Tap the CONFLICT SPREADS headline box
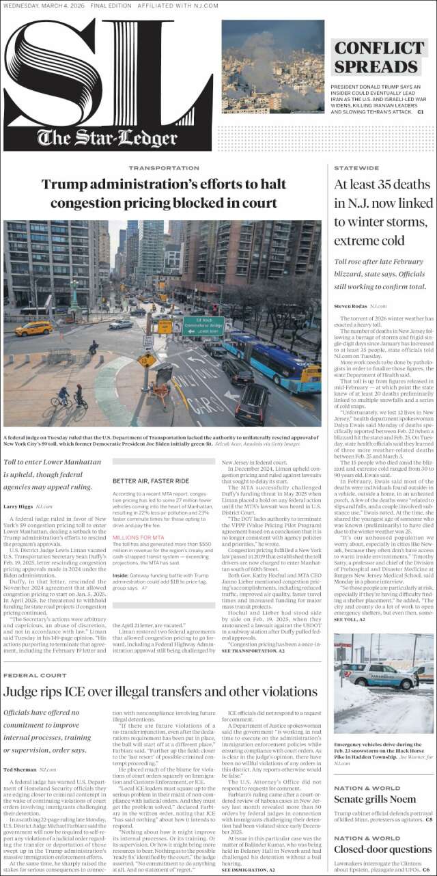(379, 57)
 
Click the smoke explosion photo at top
(272, 66)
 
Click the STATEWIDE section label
(356, 167)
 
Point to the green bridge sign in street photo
(203, 326)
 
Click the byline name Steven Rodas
(350, 307)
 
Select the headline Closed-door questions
(382, 849)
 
